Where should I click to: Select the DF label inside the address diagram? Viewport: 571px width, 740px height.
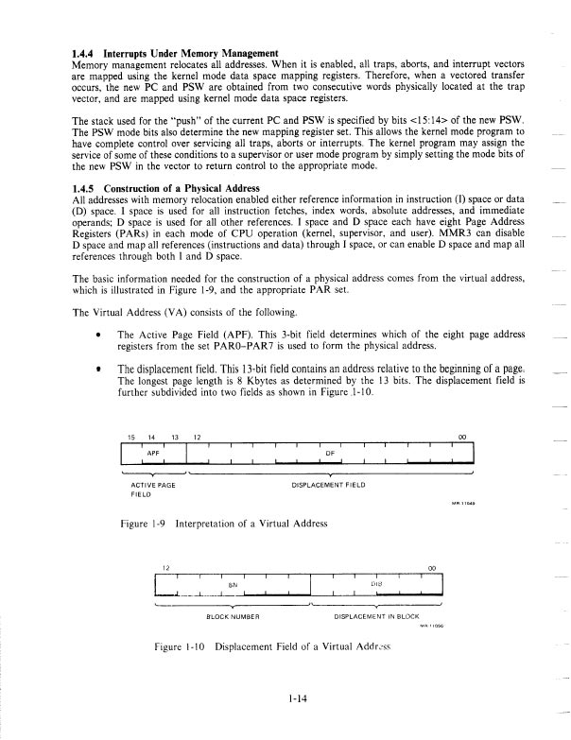[x=330, y=453]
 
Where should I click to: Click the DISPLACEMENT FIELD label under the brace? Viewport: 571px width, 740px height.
[x=330, y=484]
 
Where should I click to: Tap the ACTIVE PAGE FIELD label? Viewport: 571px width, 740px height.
[x=150, y=489]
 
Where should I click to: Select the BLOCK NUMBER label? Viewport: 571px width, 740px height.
[x=232, y=617]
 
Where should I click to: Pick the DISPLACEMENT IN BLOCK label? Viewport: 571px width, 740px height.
[x=376, y=617]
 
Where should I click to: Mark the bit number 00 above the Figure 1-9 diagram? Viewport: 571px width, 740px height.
[x=460, y=436]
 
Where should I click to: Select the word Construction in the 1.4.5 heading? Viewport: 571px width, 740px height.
[x=143, y=187]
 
